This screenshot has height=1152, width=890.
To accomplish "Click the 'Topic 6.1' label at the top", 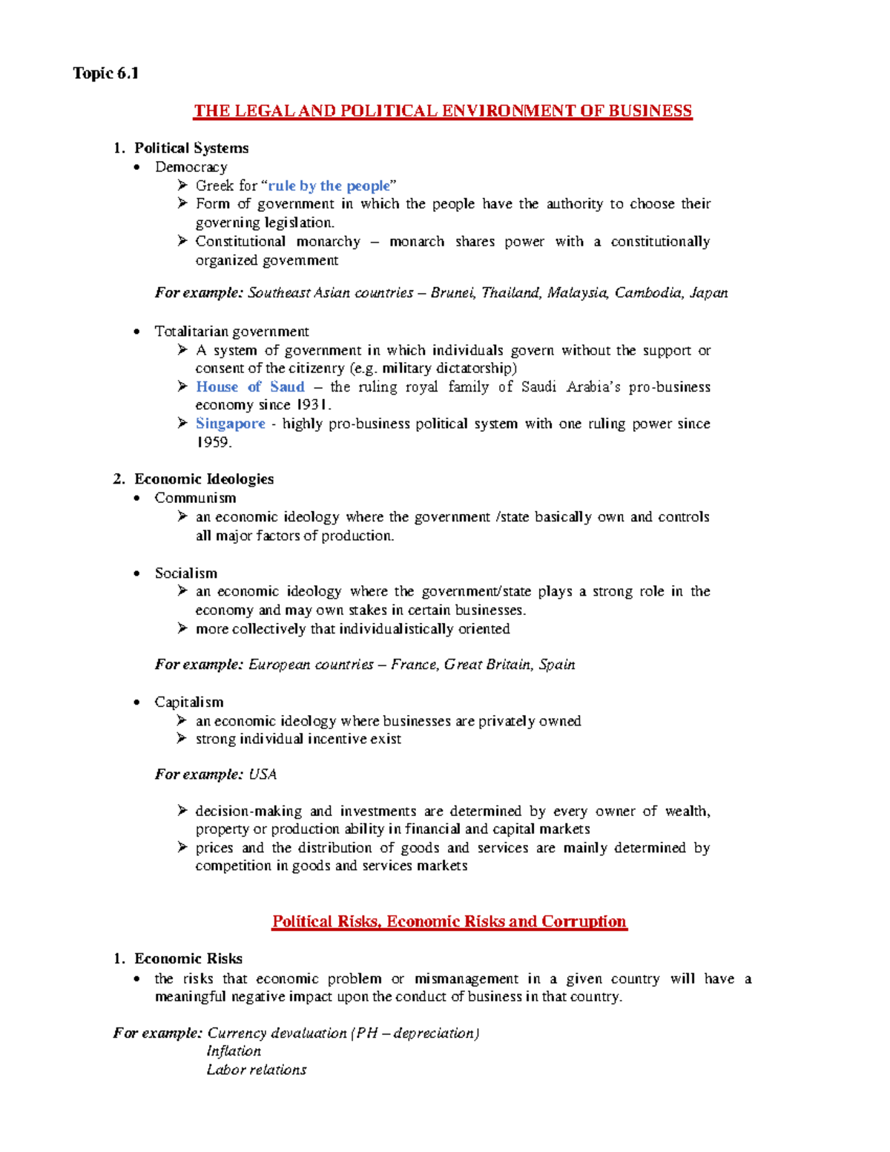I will pyautogui.click(x=105, y=73).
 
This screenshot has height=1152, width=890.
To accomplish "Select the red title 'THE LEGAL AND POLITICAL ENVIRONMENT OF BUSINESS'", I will pyautogui.click(x=443, y=111).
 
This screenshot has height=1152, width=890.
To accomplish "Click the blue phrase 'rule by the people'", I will pyautogui.click(x=329, y=186).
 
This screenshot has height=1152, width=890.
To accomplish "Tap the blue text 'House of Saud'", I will pyautogui.click(x=250, y=387).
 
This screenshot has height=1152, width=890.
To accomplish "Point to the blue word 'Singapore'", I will pyautogui.click(x=230, y=424).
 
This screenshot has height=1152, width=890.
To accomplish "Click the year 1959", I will pyautogui.click(x=213, y=442).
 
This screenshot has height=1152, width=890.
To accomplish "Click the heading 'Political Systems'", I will pyautogui.click(x=191, y=148).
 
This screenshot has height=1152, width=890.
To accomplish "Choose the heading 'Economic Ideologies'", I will pyautogui.click(x=203, y=479).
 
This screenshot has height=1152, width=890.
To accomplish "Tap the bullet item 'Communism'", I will pyautogui.click(x=195, y=498).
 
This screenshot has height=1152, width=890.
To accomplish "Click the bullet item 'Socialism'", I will pyautogui.click(x=186, y=573).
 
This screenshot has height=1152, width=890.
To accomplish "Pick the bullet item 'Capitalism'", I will pyautogui.click(x=188, y=702).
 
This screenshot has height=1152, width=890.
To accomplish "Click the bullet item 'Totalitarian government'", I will pyautogui.click(x=231, y=332).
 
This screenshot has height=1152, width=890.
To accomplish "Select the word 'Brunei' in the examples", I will pyautogui.click(x=452, y=293).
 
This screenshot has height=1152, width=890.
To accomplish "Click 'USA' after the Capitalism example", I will pyautogui.click(x=263, y=774).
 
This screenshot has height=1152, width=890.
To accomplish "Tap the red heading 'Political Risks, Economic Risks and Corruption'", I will pyautogui.click(x=449, y=921).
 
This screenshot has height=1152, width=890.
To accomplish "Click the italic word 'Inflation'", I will pyautogui.click(x=234, y=1051).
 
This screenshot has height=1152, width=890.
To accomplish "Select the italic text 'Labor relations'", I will pyautogui.click(x=256, y=1070).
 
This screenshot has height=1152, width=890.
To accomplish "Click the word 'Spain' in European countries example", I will pyautogui.click(x=557, y=665).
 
